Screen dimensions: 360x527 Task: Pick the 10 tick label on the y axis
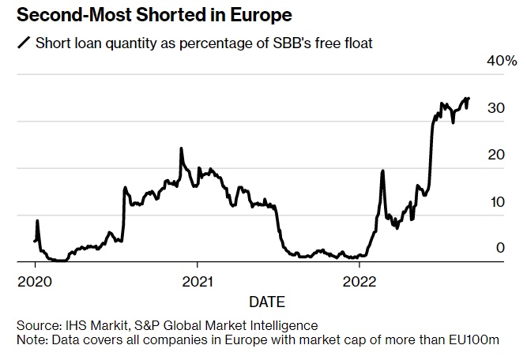tap(496, 201)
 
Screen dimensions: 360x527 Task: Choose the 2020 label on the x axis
tap(35, 280)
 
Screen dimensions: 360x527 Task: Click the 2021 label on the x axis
tap(196, 280)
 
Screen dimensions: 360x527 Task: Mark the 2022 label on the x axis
tap(358, 280)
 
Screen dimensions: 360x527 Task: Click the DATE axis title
tap(267, 301)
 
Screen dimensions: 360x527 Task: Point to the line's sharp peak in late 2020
tap(182, 148)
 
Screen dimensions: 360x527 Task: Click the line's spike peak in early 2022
tap(382, 171)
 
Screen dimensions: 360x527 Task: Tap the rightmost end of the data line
tap(469, 99)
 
